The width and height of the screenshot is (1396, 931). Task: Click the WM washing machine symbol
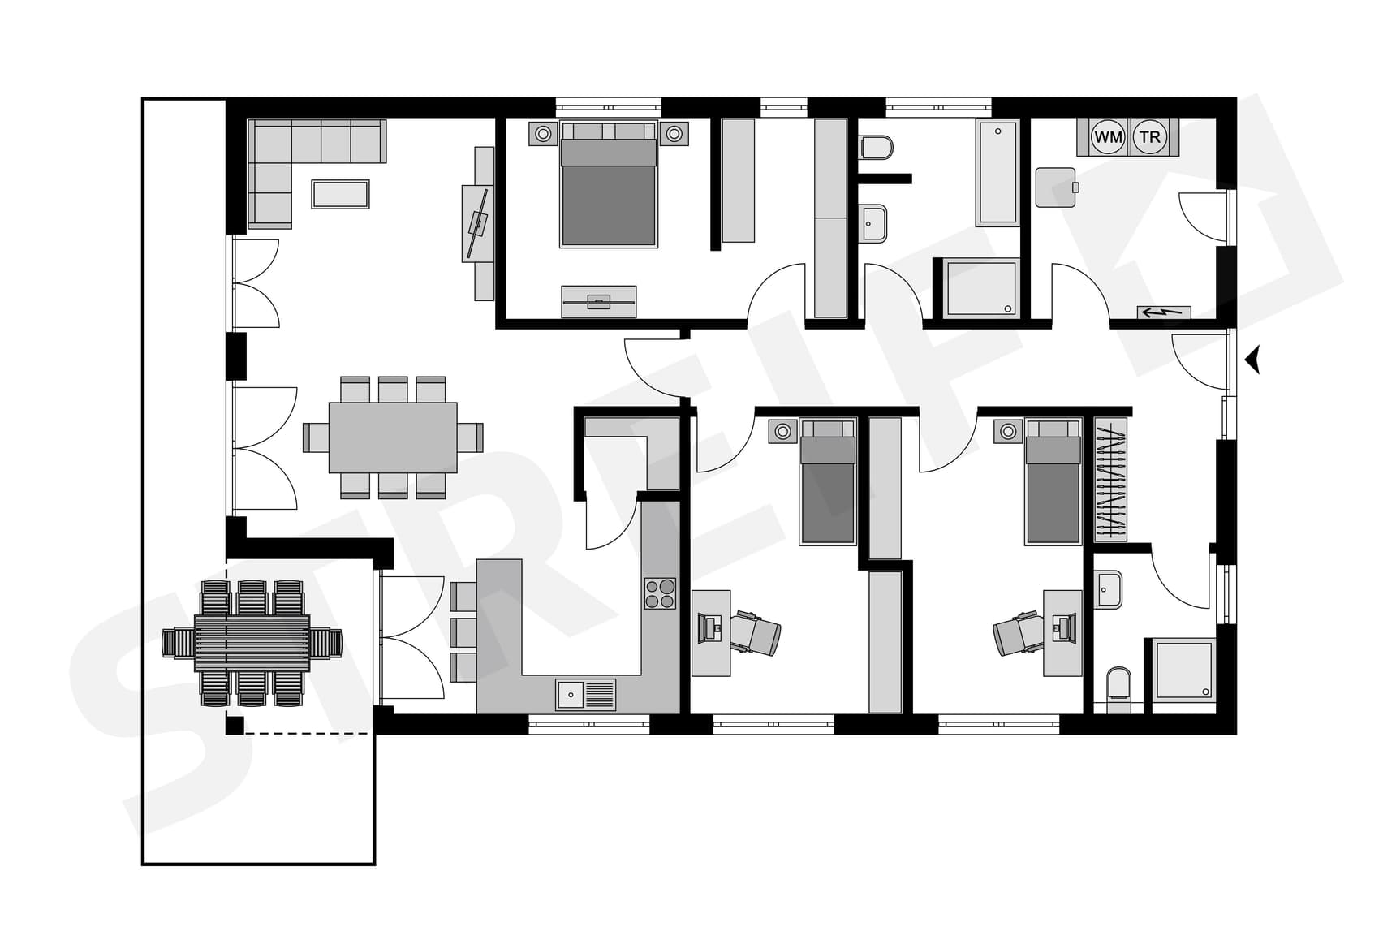[x=1108, y=137]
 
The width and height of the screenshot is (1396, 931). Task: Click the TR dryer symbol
[x=1150, y=137]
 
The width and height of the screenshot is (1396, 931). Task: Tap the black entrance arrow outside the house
[x=1254, y=359]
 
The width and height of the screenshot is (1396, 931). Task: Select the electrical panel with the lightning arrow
[x=1163, y=312]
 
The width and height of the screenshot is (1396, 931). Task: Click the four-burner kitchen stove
[x=660, y=593]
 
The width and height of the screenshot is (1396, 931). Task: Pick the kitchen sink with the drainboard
[x=585, y=695]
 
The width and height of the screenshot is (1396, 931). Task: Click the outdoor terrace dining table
[x=252, y=643]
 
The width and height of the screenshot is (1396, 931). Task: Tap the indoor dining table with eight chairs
[x=393, y=437]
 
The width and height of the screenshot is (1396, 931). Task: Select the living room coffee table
[x=341, y=195]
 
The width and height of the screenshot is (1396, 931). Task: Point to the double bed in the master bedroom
[x=608, y=191]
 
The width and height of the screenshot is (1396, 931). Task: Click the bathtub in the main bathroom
[x=997, y=173]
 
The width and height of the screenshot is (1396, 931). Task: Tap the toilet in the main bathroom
[x=876, y=148]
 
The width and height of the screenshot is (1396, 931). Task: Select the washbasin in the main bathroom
[x=873, y=223]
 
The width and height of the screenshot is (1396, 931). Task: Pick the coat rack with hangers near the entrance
[x=1110, y=480]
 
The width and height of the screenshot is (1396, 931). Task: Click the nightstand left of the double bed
[x=543, y=134]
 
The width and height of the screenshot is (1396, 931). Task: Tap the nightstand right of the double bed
[x=674, y=134]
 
